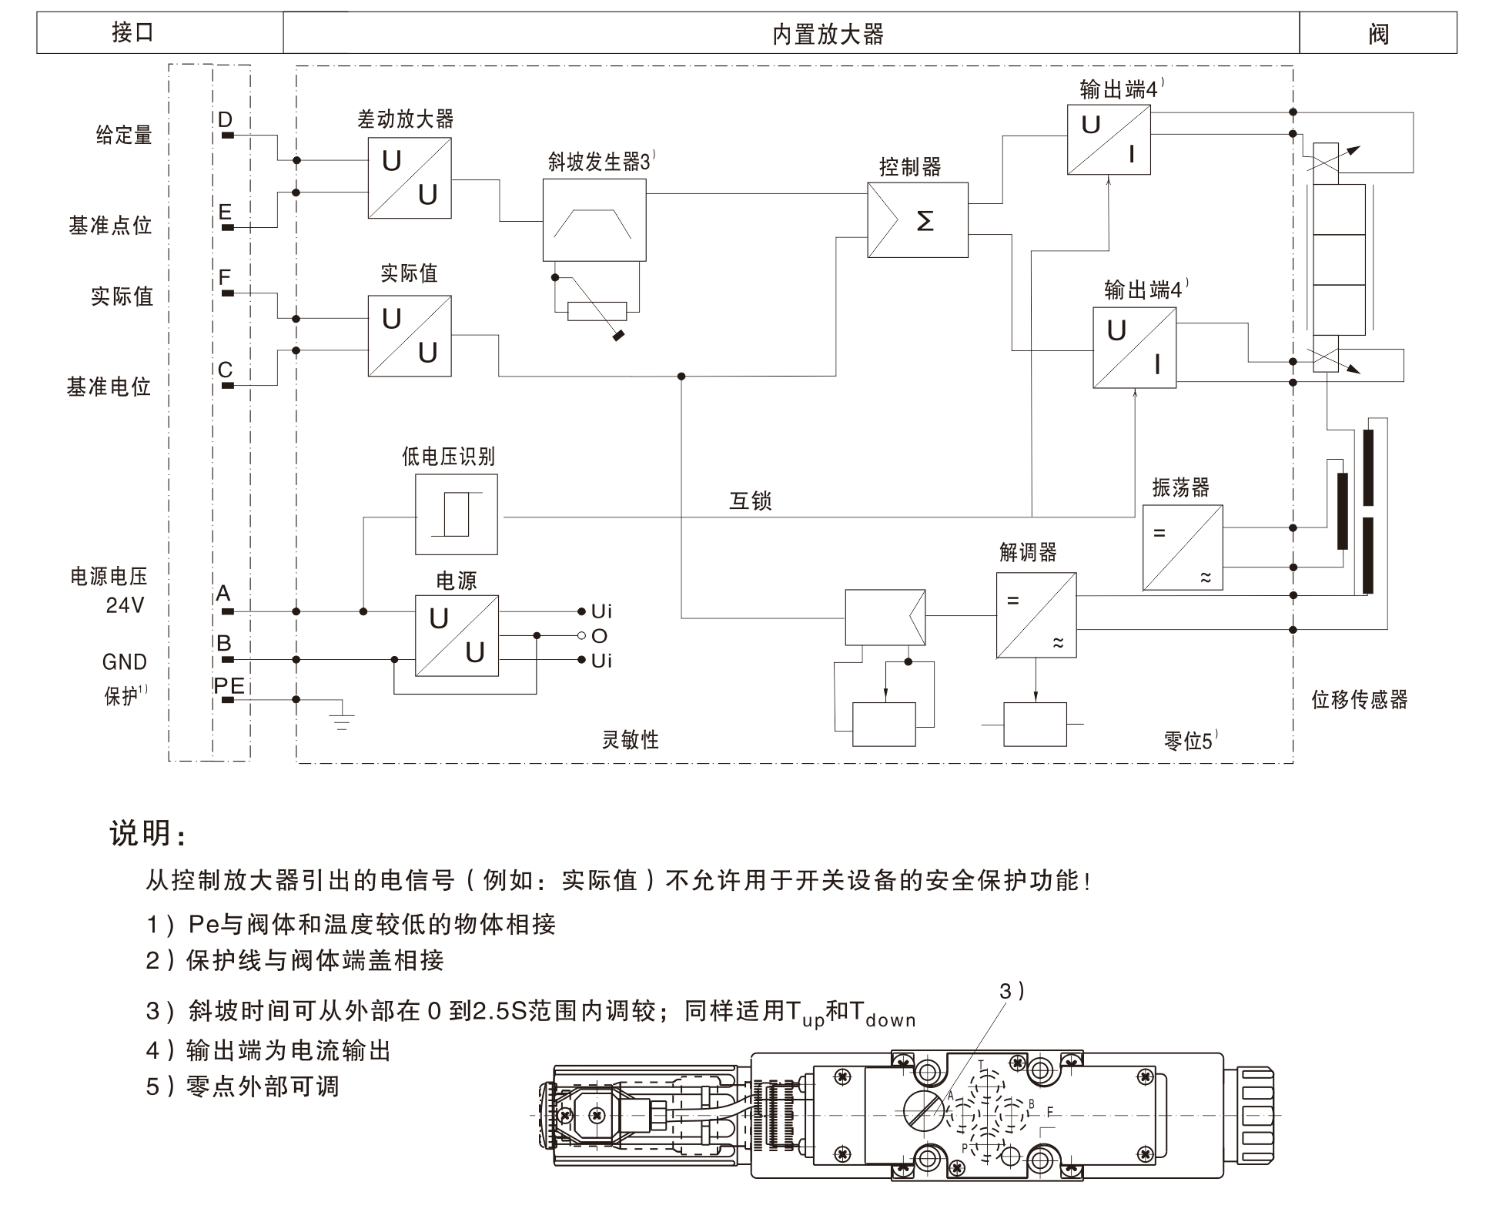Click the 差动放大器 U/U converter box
(x=409, y=178)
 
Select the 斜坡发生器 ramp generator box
(x=594, y=220)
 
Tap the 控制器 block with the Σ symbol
(x=917, y=220)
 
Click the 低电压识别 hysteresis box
(x=456, y=514)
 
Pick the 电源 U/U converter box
(x=456, y=636)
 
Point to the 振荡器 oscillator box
(x=1182, y=547)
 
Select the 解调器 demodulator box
(x=1036, y=615)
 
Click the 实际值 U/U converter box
(x=409, y=336)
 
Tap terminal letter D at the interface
(x=225, y=120)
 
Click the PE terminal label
(x=229, y=685)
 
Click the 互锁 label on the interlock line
(x=750, y=501)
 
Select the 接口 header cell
(x=132, y=32)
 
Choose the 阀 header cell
(x=1378, y=34)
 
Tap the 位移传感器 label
(x=1360, y=700)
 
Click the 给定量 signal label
(x=124, y=136)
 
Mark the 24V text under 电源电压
(x=125, y=605)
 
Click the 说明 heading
(x=147, y=833)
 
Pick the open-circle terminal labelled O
(x=582, y=636)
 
